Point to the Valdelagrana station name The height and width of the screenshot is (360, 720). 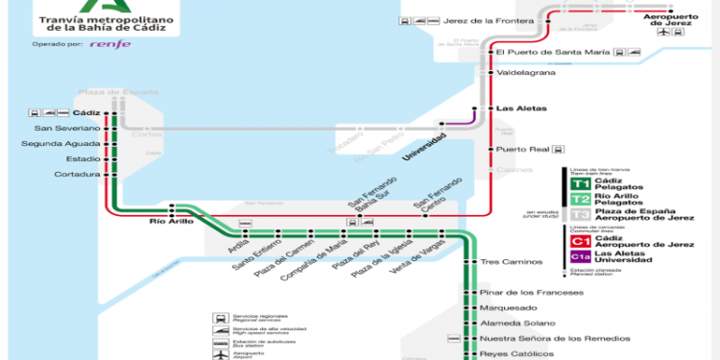click(528, 72)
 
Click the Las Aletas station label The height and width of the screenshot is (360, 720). click(518, 108)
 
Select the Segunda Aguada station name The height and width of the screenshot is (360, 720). click(60, 143)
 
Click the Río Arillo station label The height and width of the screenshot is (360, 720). click(172, 221)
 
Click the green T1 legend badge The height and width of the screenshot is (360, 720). click(580, 183)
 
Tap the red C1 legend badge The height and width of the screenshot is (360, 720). click(580, 241)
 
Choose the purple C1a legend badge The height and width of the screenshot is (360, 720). click(580, 256)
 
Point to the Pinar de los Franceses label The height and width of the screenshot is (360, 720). click(534, 291)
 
